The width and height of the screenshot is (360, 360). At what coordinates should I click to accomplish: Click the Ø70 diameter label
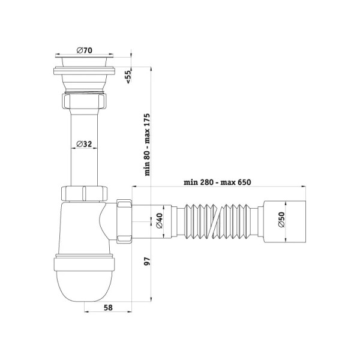[85, 50]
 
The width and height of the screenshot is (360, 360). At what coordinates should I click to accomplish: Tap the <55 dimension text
[128, 77]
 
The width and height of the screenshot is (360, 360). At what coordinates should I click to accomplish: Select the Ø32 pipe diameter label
[84, 144]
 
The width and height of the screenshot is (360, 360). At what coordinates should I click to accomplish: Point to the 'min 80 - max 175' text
[147, 145]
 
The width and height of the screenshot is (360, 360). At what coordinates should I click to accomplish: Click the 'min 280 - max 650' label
[217, 182]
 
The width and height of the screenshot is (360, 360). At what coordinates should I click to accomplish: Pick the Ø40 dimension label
[159, 221]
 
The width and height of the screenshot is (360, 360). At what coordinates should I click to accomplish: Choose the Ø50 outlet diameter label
[281, 220]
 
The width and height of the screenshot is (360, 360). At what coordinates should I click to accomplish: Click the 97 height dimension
[147, 262]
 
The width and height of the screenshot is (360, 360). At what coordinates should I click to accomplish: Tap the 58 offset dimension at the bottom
[108, 307]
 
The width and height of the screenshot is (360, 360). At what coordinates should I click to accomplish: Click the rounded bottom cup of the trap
[85, 286]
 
